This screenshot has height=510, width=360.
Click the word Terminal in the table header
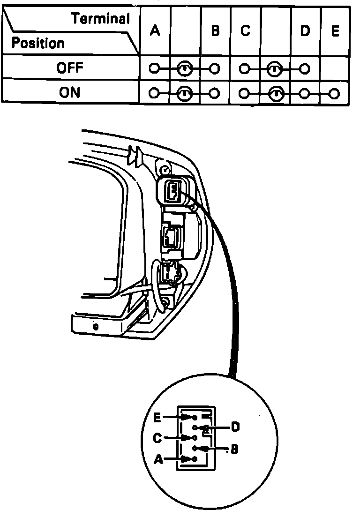(x=100, y=19)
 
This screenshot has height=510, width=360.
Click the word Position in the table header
(x=38, y=43)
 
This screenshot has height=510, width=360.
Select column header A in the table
(x=155, y=31)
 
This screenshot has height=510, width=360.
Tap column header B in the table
(x=215, y=31)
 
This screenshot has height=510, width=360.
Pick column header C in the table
(x=245, y=31)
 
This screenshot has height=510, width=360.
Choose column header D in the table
(x=305, y=31)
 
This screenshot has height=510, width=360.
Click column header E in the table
(x=335, y=31)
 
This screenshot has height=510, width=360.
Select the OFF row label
(x=69, y=68)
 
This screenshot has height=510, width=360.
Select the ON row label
(x=69, y=92)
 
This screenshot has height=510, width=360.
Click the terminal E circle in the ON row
(x=334, y=93)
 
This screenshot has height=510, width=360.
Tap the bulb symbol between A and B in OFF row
(x=185, y=69)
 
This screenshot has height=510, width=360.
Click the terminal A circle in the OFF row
(x=154, y=69)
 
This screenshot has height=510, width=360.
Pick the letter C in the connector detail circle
(x=157, y=438)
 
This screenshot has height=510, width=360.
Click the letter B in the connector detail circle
(x=234, y=450)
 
